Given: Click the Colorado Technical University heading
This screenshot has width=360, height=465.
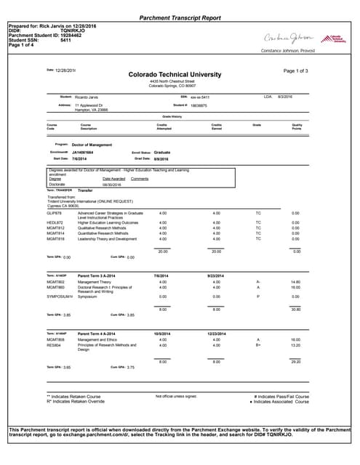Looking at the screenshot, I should (179, 74).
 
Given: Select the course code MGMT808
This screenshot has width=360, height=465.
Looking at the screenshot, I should (55, 339).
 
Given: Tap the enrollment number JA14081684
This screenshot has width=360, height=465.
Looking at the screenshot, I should (87, 153).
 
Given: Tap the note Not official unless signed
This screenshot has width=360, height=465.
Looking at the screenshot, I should (176, 396).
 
